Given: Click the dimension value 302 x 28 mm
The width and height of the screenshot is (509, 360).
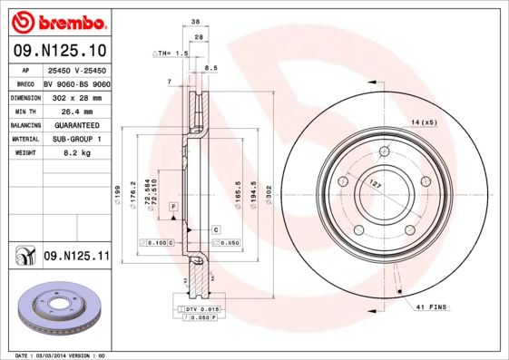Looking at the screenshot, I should (x=74, y=96).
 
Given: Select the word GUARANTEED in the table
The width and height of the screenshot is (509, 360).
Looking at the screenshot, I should (x=74, y=125).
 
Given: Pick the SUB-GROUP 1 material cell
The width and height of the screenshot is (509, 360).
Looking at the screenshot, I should (x=74, y=140).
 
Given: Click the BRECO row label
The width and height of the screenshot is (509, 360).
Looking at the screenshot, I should (x=24, y=82).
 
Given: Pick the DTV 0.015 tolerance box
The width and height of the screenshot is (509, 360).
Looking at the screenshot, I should (x=198, y=310).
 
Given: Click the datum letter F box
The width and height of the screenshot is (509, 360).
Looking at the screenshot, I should (x=173, y=208).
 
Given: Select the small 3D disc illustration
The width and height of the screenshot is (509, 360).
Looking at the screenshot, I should (x=56, y=311).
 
